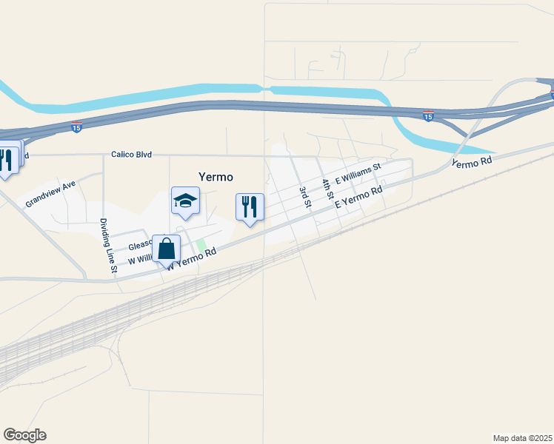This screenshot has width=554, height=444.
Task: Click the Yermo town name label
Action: [216, 177]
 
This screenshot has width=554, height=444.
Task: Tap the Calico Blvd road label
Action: [131, 155]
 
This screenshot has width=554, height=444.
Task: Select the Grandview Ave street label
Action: [50, 194]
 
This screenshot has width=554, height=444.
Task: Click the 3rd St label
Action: [304, 196]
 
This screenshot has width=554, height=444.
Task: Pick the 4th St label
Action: [326, 188]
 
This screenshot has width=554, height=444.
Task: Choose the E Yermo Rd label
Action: [358, 196]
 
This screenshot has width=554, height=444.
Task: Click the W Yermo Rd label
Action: [192, 258]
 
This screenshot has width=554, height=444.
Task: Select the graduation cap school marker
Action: [185, 201]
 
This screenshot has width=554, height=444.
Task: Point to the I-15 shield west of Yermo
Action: [76, 128]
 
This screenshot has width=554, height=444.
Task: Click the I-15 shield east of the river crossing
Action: [428, 116]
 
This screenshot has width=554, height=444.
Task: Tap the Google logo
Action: [24, 435]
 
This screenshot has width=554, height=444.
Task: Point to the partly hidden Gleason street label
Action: [140, 245]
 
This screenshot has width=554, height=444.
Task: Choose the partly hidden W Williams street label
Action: [140, 260]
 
